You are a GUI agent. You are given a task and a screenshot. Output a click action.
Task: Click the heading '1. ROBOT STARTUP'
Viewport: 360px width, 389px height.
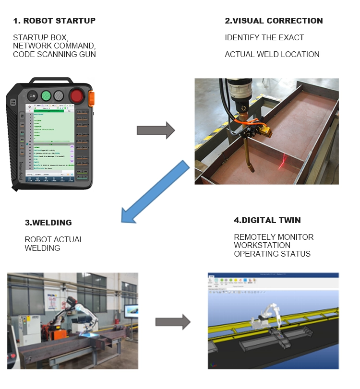tap(54, 21)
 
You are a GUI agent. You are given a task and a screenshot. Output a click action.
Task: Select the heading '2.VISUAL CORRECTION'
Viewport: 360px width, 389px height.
tap(274, 21)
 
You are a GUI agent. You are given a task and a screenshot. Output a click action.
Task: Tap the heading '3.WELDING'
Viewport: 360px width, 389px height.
tap(48, 223)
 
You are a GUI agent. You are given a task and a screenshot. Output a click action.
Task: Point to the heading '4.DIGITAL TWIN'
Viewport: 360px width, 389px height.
tap(267, 220)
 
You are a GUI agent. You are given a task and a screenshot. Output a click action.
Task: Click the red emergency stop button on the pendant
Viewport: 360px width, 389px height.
tap(77, 95)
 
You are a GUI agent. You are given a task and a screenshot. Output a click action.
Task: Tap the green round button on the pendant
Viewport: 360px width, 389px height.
tap(47, 95)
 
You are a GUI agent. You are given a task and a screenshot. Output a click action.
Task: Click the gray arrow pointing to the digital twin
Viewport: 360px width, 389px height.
tap(172, 322)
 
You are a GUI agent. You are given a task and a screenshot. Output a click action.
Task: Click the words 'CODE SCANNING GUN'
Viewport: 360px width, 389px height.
tap(54, 54)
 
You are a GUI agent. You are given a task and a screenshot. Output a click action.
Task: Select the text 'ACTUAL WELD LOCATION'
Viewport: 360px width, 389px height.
tap(272, 54)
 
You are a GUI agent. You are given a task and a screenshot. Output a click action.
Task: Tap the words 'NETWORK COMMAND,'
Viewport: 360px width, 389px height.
tap(54, 46)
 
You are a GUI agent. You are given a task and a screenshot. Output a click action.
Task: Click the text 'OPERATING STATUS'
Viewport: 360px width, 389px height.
tap(272, 254)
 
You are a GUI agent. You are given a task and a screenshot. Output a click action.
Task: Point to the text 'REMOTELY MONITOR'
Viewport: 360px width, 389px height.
tap(274, 237)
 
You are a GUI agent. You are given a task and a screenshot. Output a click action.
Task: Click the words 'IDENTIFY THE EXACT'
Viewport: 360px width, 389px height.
tap(264, 37)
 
